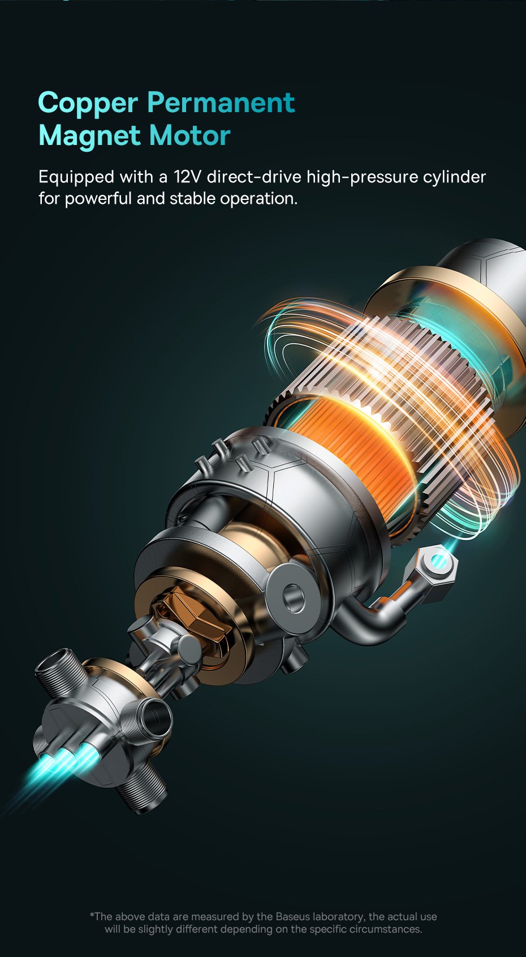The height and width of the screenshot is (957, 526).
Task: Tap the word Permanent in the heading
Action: point(221,102)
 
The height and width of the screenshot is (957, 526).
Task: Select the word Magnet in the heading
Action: point(89,135)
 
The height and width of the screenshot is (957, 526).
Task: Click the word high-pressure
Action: point(362,177)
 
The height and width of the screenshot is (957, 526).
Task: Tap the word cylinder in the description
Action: point(454,177)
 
